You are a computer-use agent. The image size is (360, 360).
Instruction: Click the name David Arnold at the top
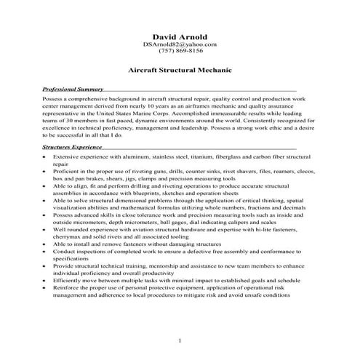pos(180,36)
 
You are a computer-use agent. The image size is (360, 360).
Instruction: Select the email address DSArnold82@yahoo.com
pos(180,44)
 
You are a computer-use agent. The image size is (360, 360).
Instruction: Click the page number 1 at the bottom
pos(180,340)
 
